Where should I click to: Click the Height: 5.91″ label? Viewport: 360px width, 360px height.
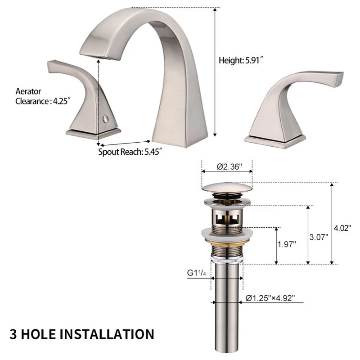click(x=240, y=61)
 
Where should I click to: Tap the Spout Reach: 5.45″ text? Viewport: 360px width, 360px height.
click(x=130, y=152)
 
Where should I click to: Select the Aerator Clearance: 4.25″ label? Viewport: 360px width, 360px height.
click(x=43, y=96)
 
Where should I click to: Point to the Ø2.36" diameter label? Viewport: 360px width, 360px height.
click(x=229, y=166)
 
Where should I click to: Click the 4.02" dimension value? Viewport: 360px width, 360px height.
click(x=342, y=228)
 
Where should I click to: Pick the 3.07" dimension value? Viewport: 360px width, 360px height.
click(x=319, y=237)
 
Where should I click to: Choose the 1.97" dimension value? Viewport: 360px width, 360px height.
click(x=287, y=244)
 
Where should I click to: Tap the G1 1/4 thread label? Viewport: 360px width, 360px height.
click(x=196, y=273)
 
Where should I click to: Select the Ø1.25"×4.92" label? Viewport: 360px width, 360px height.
click(x=270, y=298)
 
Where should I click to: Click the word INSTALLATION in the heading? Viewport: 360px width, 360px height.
click(x=107, y=334)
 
